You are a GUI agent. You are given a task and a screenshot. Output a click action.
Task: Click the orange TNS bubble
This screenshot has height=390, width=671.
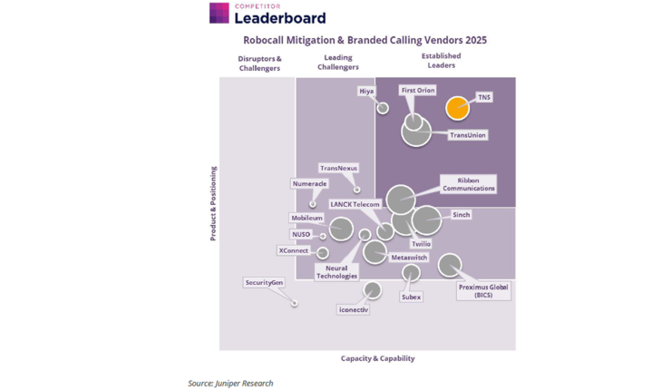(x=458, y=108)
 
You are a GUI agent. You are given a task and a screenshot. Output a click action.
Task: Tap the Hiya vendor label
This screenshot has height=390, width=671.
(x=366, y=92)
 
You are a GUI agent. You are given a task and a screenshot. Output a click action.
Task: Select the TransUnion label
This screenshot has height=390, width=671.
(x=468, y=135)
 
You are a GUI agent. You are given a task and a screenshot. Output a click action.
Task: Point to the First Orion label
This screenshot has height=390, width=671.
(x=418, y=91)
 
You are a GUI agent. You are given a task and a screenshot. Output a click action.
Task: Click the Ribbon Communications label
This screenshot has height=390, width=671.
(x=469, y=184)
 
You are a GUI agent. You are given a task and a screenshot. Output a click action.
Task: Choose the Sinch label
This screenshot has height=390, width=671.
(x=461, y=216)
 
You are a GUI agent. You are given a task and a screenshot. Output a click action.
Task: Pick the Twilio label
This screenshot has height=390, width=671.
(x=421, y=244)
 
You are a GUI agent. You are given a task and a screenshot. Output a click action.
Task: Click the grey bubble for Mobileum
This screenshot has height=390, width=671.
(x=341, y=228)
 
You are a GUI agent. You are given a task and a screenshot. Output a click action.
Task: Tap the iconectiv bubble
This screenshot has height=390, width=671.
(x=372, y=291)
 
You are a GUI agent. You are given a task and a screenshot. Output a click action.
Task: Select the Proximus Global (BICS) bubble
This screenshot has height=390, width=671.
(x=450, y=265)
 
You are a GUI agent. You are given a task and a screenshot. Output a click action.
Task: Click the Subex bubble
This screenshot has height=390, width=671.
(x=411, y=272)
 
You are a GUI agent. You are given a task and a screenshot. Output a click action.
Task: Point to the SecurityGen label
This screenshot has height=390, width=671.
(x=264, y=283)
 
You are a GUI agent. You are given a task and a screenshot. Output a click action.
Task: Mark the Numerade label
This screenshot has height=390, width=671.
(x=309, y=184)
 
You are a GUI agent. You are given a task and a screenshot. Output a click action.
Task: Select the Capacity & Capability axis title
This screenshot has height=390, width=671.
(x=377, y=359)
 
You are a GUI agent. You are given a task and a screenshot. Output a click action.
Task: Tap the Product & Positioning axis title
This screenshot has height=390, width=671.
(x=214, y=203)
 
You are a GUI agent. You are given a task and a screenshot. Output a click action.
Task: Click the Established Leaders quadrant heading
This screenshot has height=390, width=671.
(x=441, y=61)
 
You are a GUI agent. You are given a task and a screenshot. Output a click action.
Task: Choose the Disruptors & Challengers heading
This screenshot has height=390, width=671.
(x=259, y=63)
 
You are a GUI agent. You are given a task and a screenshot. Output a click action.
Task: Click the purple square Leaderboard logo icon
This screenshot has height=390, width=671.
(x=219, y=13)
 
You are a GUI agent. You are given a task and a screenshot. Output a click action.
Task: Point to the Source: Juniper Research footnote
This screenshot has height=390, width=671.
(x=230, y=384)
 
